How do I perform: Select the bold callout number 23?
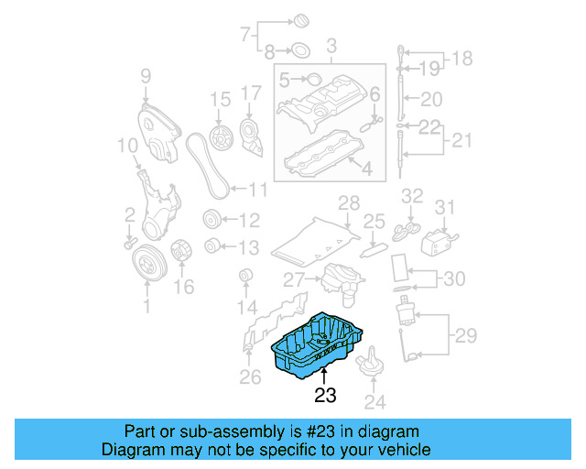[x=325, y=396]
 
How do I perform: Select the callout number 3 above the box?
[x=331, y=45]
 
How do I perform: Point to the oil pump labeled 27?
[x=338, y=278]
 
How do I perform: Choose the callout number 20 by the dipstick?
[x=431, y=100]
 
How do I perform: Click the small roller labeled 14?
[x=245, y=276]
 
